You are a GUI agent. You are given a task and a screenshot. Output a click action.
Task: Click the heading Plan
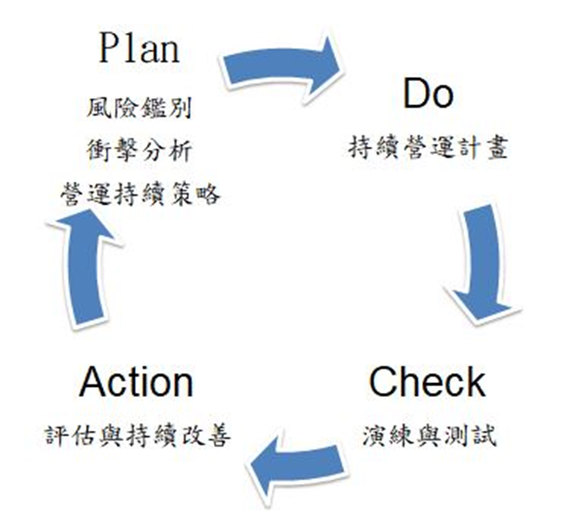click(x=139, y=49)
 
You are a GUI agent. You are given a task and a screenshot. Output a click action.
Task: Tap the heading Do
click(x=428, y=93)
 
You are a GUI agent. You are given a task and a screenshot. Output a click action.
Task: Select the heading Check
click(x=427, y=382)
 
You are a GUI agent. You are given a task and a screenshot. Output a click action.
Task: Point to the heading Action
click(x=136, y=382)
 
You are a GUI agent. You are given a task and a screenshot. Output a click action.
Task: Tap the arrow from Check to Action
click(x=297, y=465)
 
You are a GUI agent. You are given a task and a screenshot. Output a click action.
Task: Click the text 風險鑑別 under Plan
click(x=139, y=108)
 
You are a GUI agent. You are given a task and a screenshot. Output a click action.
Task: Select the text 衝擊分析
click(x=139, y=151)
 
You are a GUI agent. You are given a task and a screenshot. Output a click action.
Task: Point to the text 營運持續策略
click(x=140, y=194)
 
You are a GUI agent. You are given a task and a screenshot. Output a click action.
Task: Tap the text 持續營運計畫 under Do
click(x=428, y=147)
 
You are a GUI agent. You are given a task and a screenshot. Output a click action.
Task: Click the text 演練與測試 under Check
click(x=430, y=436)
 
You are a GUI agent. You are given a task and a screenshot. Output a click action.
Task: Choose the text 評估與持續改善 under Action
click(x=138, y=436)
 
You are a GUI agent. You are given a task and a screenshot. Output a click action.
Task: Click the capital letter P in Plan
click(x=109, y=49)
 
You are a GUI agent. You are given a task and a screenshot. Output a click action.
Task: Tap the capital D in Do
click(x=416, y=93)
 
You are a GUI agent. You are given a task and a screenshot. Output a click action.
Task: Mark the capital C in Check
click(x=382, y=382)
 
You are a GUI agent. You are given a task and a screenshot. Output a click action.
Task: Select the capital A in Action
click(x=93, y=381)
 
